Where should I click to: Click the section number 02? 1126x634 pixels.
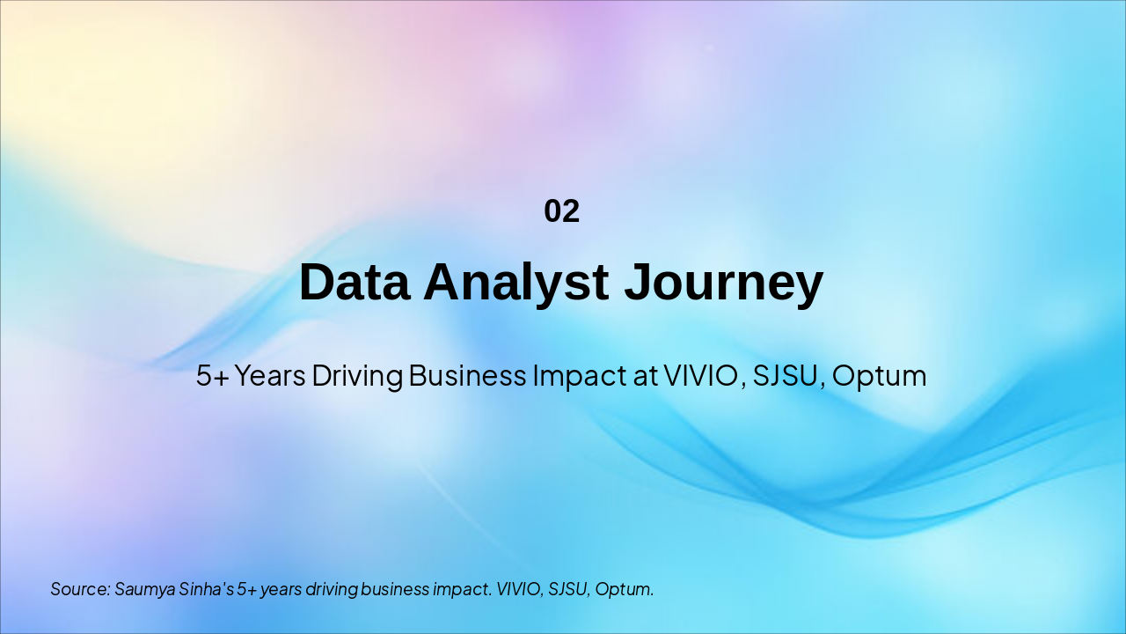561,211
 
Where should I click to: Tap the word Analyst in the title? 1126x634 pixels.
515,283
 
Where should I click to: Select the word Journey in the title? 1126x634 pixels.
723,283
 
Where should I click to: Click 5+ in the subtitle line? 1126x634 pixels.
212,376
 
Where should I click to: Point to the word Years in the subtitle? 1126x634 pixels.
270,376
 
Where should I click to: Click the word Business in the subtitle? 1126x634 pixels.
468,376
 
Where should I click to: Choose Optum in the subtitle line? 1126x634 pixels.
879,376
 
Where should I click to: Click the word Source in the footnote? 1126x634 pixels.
79,589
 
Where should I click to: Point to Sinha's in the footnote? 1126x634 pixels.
207,589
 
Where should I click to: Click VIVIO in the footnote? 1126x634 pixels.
519,589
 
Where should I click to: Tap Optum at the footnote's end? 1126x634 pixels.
625,589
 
